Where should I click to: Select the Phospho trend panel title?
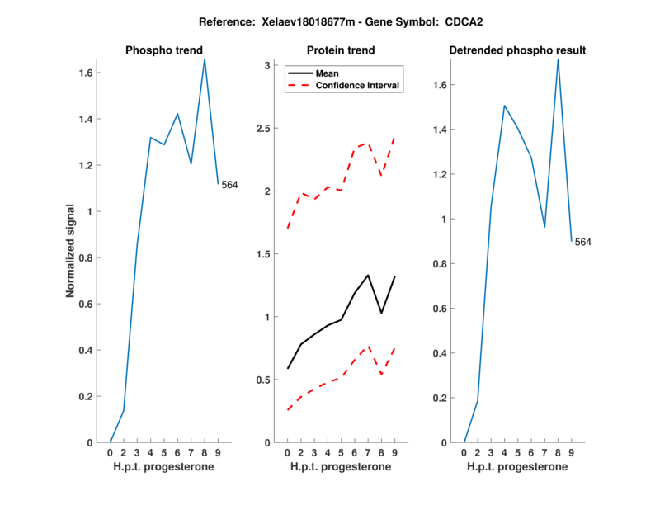pos(163,50)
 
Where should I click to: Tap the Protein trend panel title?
pos(341,50)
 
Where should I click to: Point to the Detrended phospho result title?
pos(517,50)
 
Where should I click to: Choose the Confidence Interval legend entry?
pos(358,84)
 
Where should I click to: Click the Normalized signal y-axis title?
pos(73,251)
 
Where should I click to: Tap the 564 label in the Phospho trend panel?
pos(229,185)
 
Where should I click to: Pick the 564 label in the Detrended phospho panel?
pos(583,242)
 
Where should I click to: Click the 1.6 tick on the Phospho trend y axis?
pos(85,73)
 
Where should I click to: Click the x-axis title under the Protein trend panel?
pos(341,466)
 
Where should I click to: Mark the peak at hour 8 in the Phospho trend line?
pos(205,59)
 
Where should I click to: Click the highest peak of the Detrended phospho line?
pos(559,59)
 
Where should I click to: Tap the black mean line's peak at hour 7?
pos(368,275)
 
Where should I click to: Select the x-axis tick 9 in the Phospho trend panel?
pos(218,452)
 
